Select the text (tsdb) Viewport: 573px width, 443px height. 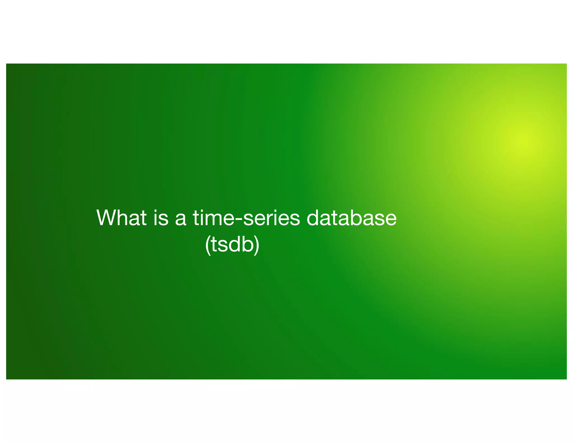coord(232,244)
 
